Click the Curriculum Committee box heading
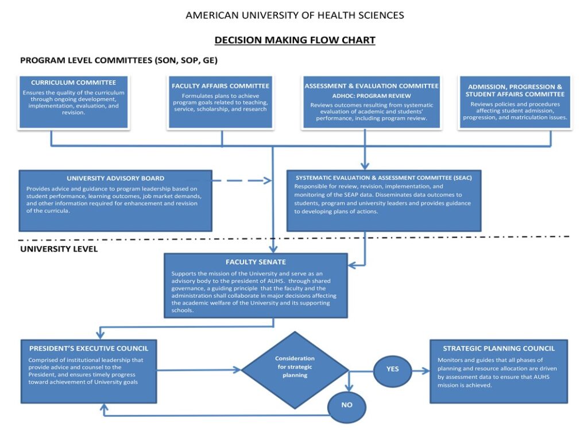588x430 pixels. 73,83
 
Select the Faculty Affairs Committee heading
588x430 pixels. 220,86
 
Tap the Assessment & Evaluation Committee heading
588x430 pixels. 372,86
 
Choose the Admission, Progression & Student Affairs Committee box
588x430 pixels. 514,102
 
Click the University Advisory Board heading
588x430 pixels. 115,178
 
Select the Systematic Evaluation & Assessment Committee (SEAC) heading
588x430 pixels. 383,178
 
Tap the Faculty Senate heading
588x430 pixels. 256,262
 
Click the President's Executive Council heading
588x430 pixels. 88,348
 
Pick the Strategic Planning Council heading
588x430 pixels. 498,348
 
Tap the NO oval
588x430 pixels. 346,405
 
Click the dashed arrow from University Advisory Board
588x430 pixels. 241,181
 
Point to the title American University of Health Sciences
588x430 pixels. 295,16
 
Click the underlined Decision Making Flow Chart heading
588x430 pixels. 295,40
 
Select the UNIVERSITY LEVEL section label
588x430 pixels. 59,249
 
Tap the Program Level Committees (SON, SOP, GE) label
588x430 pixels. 118,60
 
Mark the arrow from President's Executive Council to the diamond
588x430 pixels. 198,371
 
